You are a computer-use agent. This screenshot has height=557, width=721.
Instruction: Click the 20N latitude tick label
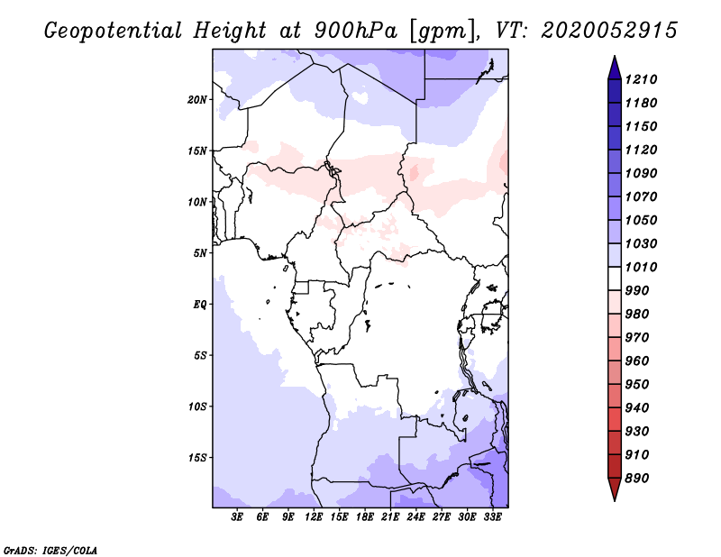click(197, 99)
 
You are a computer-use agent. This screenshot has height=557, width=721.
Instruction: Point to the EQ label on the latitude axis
click(200, 305)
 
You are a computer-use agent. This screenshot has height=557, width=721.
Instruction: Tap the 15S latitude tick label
click(197, 458)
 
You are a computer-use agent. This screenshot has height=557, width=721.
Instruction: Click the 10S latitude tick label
click(197, 406)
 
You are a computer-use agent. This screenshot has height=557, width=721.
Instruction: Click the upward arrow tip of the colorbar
click(614, 59)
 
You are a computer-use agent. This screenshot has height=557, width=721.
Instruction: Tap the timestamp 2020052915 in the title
click(609, 31)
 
